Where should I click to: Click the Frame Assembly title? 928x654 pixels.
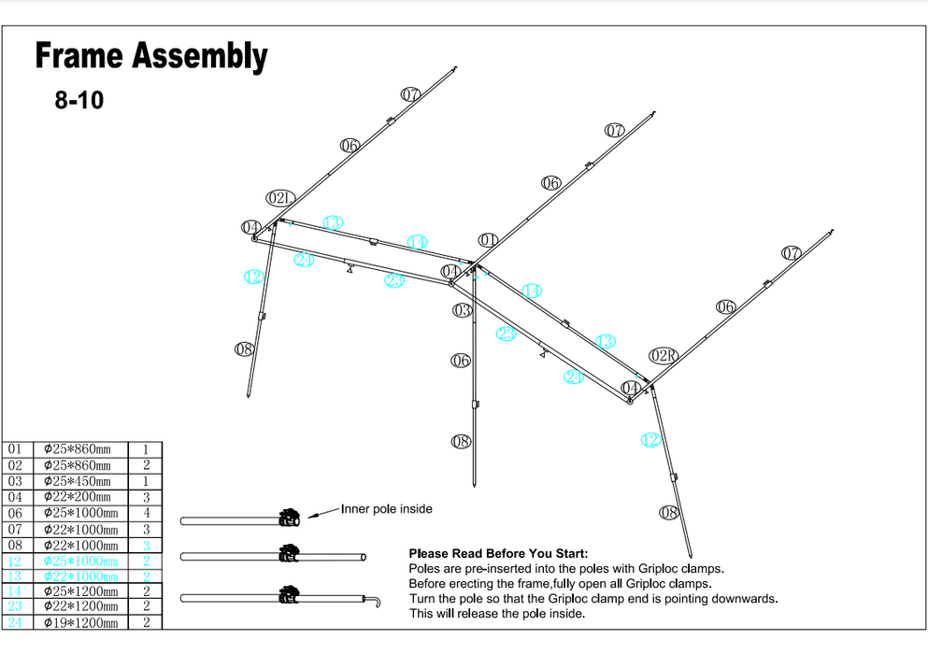pyautogui.click(x=151, y=57)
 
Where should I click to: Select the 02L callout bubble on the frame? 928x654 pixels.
pyautogui.click(x=280, y=198)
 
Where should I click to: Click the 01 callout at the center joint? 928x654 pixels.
pyautogui.click(x=488, y=240)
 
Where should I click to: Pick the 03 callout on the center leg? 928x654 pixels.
pyautogui.click(x=462, y=310)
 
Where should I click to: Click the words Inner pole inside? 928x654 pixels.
pyautogui.click(x=387, y=509)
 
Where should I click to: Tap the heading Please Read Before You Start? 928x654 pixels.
pyautogui.click(x=498, y=553)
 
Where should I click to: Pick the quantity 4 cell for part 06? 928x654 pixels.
pyautogui.click(x=146, y=513)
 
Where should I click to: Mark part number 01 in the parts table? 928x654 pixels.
pyautogui.click(x=15, y=449)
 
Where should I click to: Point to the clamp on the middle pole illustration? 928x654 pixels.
pyautogui.click(x=289, y=555)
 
